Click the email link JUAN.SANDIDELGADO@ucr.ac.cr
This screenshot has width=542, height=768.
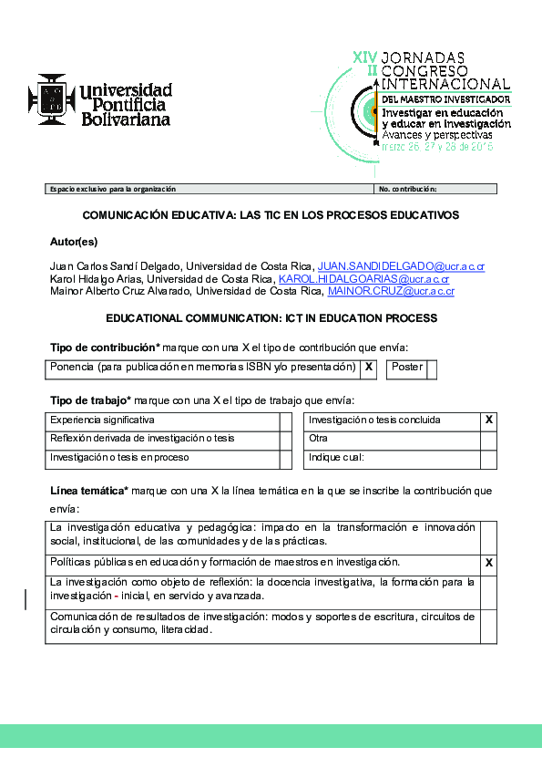pyautogui.click(x=401, y=266)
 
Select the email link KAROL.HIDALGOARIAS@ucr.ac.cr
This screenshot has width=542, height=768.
pyautogui.click(x=364, y=278)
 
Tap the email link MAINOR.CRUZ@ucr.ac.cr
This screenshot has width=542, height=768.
pyautogui.click(x=391, y=291)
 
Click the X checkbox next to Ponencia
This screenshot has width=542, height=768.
pyautogui.click(x=369, y=367)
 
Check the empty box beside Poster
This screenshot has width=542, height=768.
pyautogui.click(x=432, y=368)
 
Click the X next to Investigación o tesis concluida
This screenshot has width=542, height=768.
pyautogui.click(x=489, y=420)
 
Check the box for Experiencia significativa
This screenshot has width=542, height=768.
pyautogui.click(x=285, y=420)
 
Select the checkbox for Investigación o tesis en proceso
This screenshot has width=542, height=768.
pyautogui.click(x=285, y=458)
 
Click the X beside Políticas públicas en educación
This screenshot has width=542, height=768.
pyautogui.click(x=489, y=563)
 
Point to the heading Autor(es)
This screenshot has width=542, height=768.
pyautogui.click(x=74, y=242)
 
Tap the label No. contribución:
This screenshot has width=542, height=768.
pyautogui.click(x=408, y=189)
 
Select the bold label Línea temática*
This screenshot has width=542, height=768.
pyautogui.click(x=88, y=491)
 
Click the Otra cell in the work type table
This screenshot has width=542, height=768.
pyautogui.click(x=392, y=439)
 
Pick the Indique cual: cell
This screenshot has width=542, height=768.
pyautogui.click(x=392, y=458)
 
